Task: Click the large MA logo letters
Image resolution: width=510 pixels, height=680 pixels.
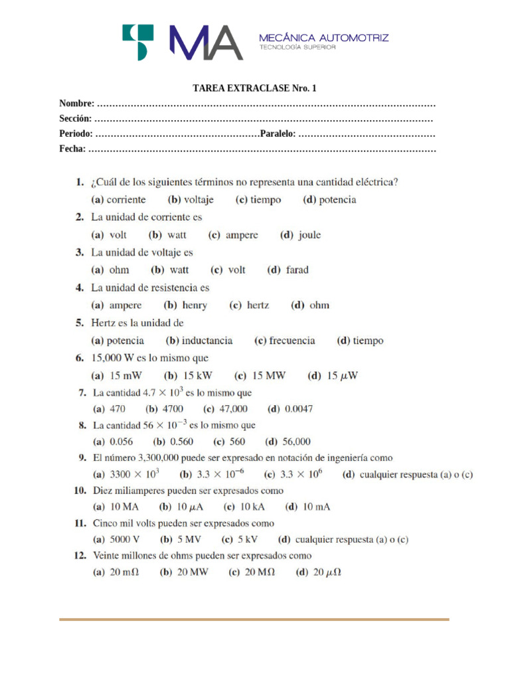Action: click(x=205, y=42)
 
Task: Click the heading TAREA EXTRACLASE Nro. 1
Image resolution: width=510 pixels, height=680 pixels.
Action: click(x=254, y=88)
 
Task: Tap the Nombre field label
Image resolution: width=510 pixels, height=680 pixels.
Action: click(x=76, y=104)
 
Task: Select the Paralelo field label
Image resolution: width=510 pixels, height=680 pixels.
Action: click(x=278, y=135)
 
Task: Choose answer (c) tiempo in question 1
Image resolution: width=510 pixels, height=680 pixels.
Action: click(x=258, y=199)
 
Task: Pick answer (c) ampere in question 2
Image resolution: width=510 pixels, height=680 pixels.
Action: click(x=233, y=235)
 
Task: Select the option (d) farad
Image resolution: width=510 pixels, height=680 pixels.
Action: click(x=288, y=270)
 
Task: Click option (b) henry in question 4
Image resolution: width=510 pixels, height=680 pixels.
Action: click(x=185, y=305)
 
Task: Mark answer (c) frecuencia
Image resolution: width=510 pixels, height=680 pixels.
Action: click(x=285, y=341)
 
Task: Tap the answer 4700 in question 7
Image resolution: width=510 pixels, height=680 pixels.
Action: click(x=165, y=409)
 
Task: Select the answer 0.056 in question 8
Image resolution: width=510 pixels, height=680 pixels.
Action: click(x=113, y=442)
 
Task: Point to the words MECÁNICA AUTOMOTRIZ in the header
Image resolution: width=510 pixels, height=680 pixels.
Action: click(x=323, y=38)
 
